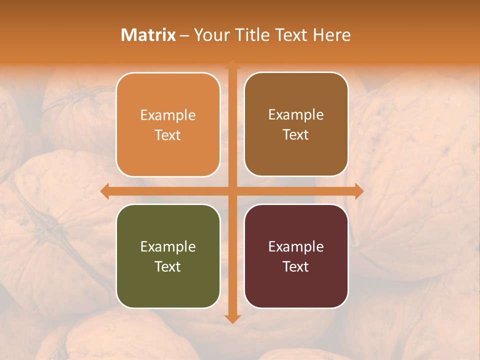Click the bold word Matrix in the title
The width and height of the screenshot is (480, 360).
[148, 35]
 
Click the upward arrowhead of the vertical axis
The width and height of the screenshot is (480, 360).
[232, 64]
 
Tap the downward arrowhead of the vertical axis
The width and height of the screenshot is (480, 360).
[232, 318]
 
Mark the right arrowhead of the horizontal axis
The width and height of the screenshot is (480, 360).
[359, 191]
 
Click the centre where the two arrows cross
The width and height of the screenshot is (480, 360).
[232, 191]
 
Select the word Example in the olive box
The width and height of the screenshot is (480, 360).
[168, 247]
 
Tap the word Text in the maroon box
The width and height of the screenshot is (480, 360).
[296, 267]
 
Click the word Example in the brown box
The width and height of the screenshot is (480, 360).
[296, 115]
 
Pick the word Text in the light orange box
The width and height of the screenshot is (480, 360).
[168, 135]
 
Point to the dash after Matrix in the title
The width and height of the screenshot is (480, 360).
[184, 35]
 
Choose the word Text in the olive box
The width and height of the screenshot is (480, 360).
[168, 267]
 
